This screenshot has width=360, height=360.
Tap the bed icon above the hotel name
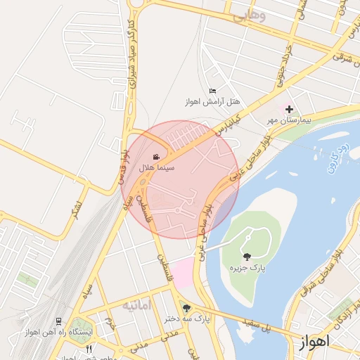[212, 91]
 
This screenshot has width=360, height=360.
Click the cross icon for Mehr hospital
[288, 108]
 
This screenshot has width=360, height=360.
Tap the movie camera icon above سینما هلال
[156, 157]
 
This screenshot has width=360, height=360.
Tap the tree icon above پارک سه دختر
[186, 307]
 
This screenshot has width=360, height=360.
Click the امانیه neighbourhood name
[137, 306]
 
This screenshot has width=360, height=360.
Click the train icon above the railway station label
[58, 320]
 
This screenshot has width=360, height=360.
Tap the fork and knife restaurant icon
[89, 349]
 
